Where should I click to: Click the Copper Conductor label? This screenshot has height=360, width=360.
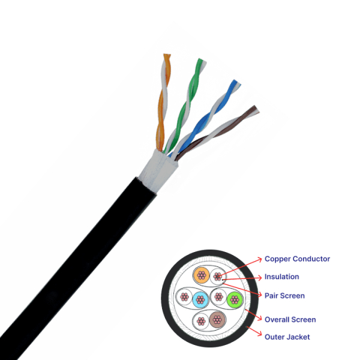(297, 259)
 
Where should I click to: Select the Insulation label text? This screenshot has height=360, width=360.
(281, 277)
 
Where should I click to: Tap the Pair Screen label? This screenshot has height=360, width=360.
(284, 295)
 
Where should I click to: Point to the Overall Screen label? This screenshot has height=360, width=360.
(290, 319)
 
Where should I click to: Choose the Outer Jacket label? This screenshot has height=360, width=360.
(287, 337)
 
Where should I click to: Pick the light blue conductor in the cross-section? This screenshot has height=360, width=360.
(199, 297)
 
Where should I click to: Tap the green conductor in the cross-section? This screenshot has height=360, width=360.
(233, 298)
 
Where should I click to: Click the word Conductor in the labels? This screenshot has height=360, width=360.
(312, 259)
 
